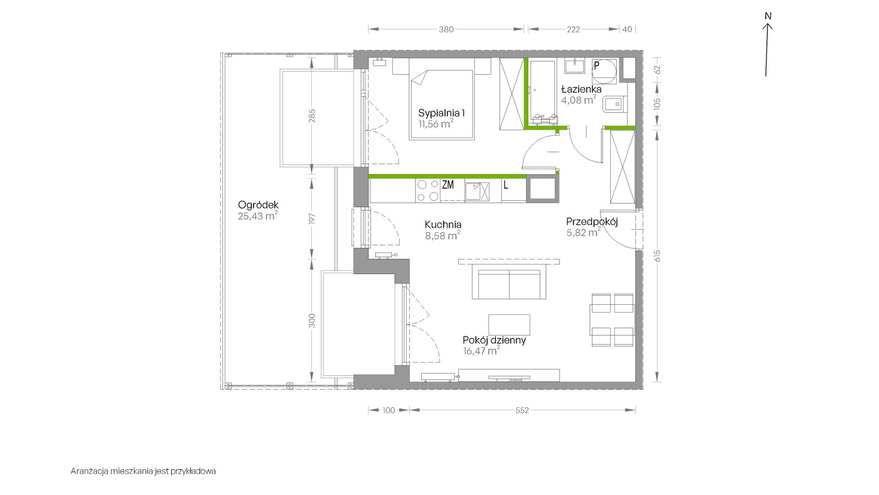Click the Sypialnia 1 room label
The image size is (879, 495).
click(441, 113)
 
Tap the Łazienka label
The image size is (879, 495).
click(581, 89)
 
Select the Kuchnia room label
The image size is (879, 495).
click(443, 225)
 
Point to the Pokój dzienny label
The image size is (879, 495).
click(494, 340)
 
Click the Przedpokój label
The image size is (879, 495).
click(592, 222)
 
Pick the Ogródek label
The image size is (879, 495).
click(258, 205)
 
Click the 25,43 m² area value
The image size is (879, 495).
click(258, 216)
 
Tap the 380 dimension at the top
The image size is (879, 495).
click(446, 29)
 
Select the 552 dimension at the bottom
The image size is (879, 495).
click(522, 410)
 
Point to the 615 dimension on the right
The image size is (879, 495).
click(657, 256)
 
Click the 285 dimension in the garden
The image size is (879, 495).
click(312, 116)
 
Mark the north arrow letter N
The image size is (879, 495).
click(768, 16)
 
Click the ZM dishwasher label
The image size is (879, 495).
click(448, 185)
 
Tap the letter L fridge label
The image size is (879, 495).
click(506, 185)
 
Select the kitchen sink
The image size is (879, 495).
click(477, 192)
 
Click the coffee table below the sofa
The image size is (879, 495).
click(509, 325)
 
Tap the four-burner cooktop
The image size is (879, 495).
click(427, 191)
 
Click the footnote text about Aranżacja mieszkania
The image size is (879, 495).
click(143, 471)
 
